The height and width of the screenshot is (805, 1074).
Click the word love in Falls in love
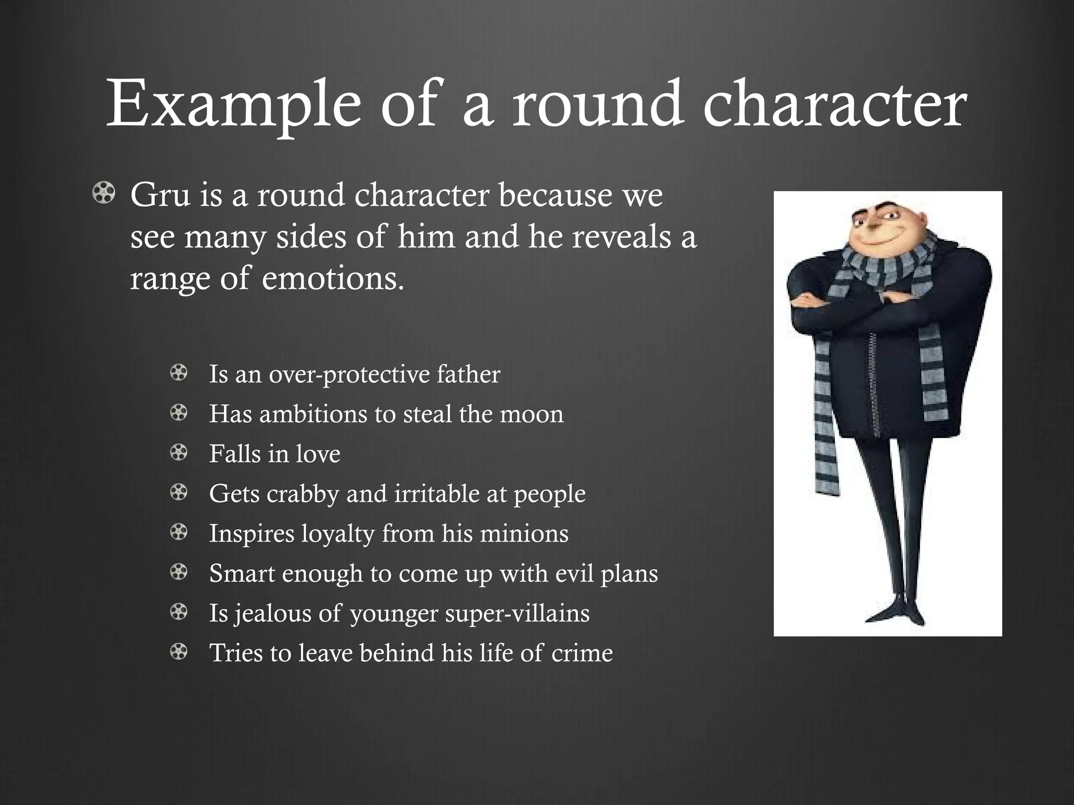coord(318,454)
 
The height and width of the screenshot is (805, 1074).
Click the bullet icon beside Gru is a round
coord(103,194)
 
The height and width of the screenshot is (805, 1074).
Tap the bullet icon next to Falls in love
coord(179,453)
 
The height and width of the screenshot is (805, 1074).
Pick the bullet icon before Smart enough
coord(179,572)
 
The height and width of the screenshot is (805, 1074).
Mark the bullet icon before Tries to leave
coord(179,652)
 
